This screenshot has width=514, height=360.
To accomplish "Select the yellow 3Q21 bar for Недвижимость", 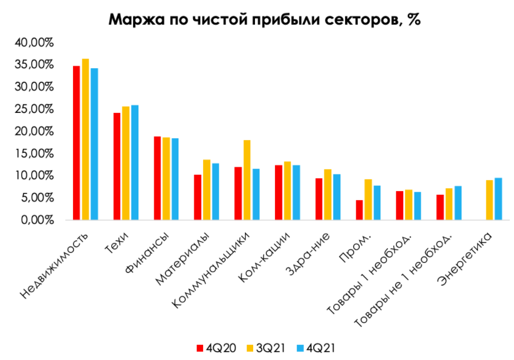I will pos(85,139).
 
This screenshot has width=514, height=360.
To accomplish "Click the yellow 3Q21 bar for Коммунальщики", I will pos(247,180).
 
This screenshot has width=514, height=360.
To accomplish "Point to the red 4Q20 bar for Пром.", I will pos(359,210).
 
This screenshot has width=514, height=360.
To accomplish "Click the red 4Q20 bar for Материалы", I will pos(197,197).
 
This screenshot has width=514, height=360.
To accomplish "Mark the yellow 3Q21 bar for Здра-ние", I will pos(328,195).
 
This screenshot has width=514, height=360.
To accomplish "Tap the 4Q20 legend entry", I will pos(216,348).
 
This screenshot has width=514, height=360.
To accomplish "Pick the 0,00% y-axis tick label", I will pos(37,220).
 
